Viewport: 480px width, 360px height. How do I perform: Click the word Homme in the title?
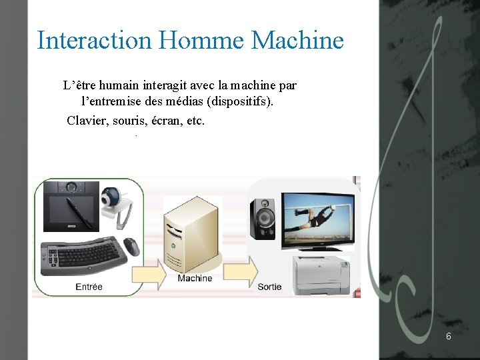[x=203, y=40]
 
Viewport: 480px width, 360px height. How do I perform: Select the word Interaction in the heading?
[x=95, y=40]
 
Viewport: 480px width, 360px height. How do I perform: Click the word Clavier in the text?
[x=87, y=121]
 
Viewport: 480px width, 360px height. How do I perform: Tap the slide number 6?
[x=449, y=336]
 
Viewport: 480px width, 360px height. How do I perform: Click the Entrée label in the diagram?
[x=89, y=287]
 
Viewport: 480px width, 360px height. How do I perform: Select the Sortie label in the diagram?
[x=269, y=287]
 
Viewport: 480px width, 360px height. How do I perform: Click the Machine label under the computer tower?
[x=195, y=278]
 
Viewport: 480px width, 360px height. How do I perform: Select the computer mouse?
[x=132, y=246]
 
